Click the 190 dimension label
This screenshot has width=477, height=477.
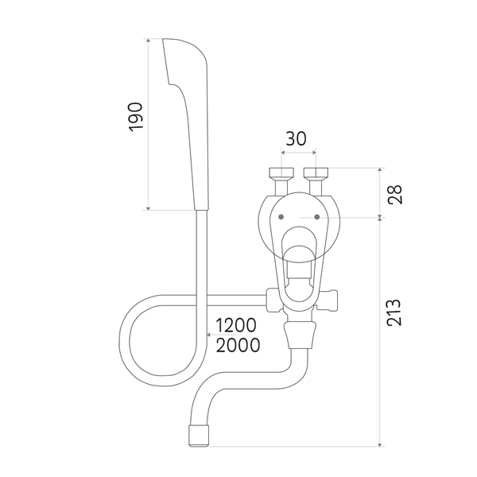click(x=136, y=116)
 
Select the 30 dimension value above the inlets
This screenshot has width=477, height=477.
click(x=296, y=138)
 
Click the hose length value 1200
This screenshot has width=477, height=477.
click(x=235, y=325)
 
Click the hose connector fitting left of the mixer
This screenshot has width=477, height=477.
click(x=273, y=299)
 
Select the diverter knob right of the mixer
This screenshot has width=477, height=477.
click(x=332, y=300)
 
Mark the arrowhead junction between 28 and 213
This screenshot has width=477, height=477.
click(x=381, y=217)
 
